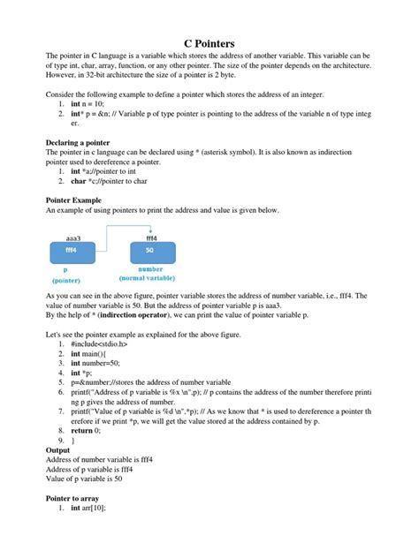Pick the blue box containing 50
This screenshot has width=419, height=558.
[151, 251]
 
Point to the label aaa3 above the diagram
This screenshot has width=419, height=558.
[73, 238]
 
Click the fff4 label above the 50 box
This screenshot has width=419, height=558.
[151, 238]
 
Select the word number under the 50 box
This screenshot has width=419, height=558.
[150, 268]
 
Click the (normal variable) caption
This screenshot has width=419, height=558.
[150, 277]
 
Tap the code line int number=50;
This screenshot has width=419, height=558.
[96, 361]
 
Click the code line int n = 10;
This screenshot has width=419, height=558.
[85, 103]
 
